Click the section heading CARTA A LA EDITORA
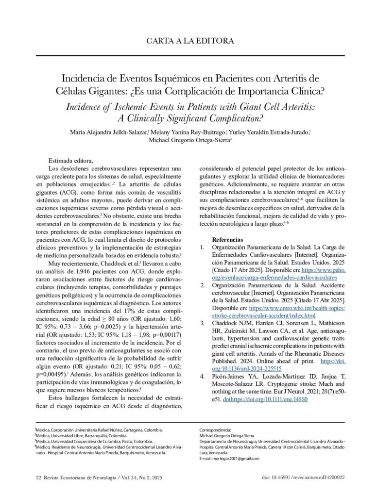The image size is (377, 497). coord(190,41)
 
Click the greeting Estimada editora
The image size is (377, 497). coord(70,161)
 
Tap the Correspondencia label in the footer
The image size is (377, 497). coord(215,431)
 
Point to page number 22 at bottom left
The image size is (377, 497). coord(38,478)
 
